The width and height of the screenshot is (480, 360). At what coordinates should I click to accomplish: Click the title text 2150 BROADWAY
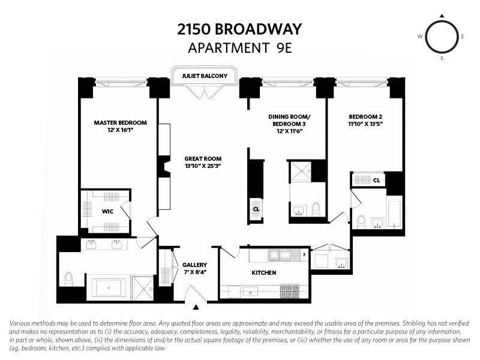(239, 29)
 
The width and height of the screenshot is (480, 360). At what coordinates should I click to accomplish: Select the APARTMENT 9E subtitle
(239, 48)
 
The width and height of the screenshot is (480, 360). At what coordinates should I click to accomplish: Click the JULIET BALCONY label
(204, 76)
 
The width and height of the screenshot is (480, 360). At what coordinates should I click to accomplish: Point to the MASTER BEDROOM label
(120, 122)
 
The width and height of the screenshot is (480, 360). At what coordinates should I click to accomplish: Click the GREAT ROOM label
(203, 159)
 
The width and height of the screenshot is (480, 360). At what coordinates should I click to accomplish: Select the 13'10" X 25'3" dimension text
(203, 166)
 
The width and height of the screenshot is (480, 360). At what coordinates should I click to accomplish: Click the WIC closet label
(107, 211)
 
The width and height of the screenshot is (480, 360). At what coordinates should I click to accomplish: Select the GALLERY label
(195, 265)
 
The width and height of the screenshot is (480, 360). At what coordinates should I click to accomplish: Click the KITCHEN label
(264, 272)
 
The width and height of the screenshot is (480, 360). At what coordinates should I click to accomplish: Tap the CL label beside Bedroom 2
(377, 180)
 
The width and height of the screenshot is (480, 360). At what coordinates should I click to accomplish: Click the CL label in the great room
(256, 209)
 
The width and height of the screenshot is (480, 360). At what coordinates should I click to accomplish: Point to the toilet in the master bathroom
(68, 279)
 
